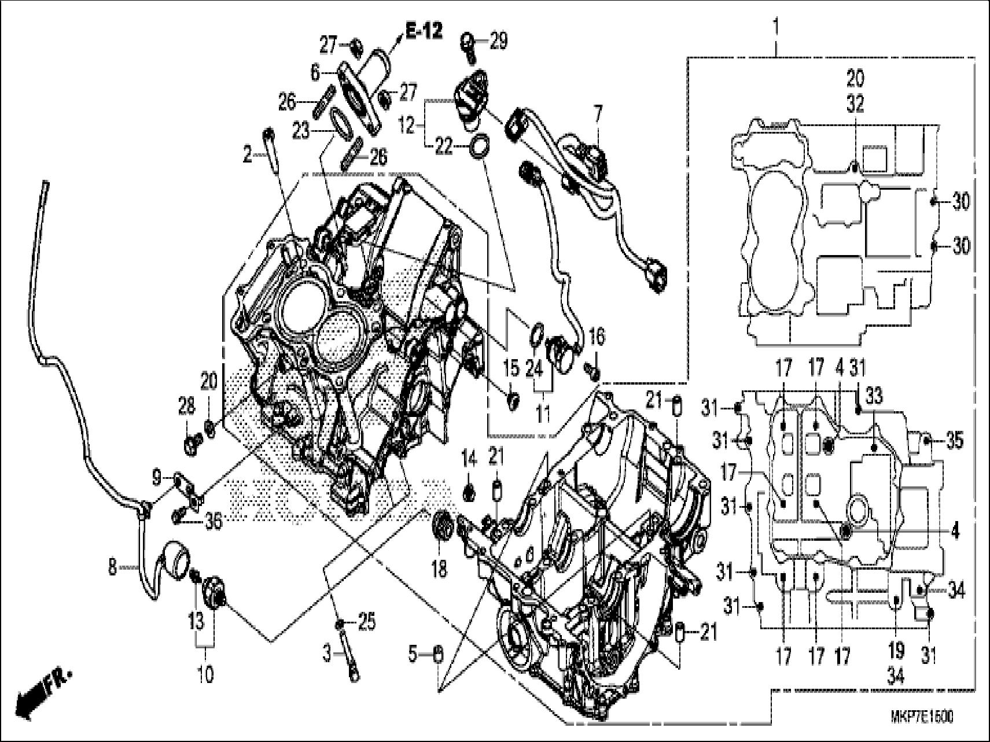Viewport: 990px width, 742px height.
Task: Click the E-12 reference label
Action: (424, 31)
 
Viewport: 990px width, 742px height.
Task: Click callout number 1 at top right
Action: (775, 27)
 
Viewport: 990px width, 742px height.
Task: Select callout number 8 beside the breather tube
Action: (112, 568)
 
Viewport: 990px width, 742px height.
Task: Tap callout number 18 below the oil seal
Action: (439, 570)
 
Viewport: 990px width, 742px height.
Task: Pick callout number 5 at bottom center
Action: (413, 655)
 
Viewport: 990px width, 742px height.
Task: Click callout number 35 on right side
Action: (954, 441)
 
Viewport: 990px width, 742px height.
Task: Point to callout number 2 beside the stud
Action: (248, 155)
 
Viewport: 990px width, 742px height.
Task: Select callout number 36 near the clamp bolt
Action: (214, 522)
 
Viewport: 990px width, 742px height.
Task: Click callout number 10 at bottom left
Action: (206, 674)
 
